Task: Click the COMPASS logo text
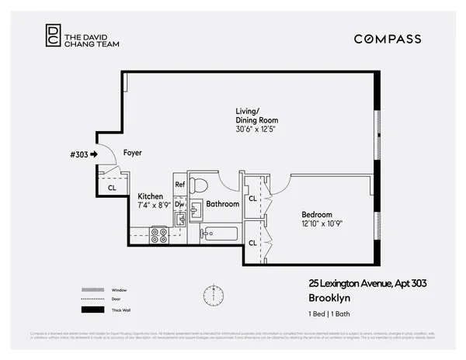coord(388,39)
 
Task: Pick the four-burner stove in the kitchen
coord(159,234)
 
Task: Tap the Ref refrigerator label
coord(179,185)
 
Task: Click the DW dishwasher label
coord(179,205)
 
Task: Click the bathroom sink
coord(196,210)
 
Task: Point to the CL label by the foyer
coord(112,188)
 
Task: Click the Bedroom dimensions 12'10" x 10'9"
coord(322,223)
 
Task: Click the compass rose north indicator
coord(211,296)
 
